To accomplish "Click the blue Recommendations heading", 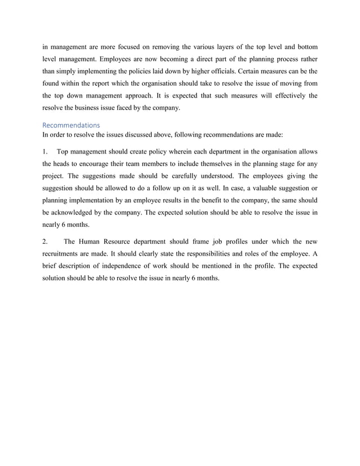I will click(71, 125).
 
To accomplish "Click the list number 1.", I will click(45, 152).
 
